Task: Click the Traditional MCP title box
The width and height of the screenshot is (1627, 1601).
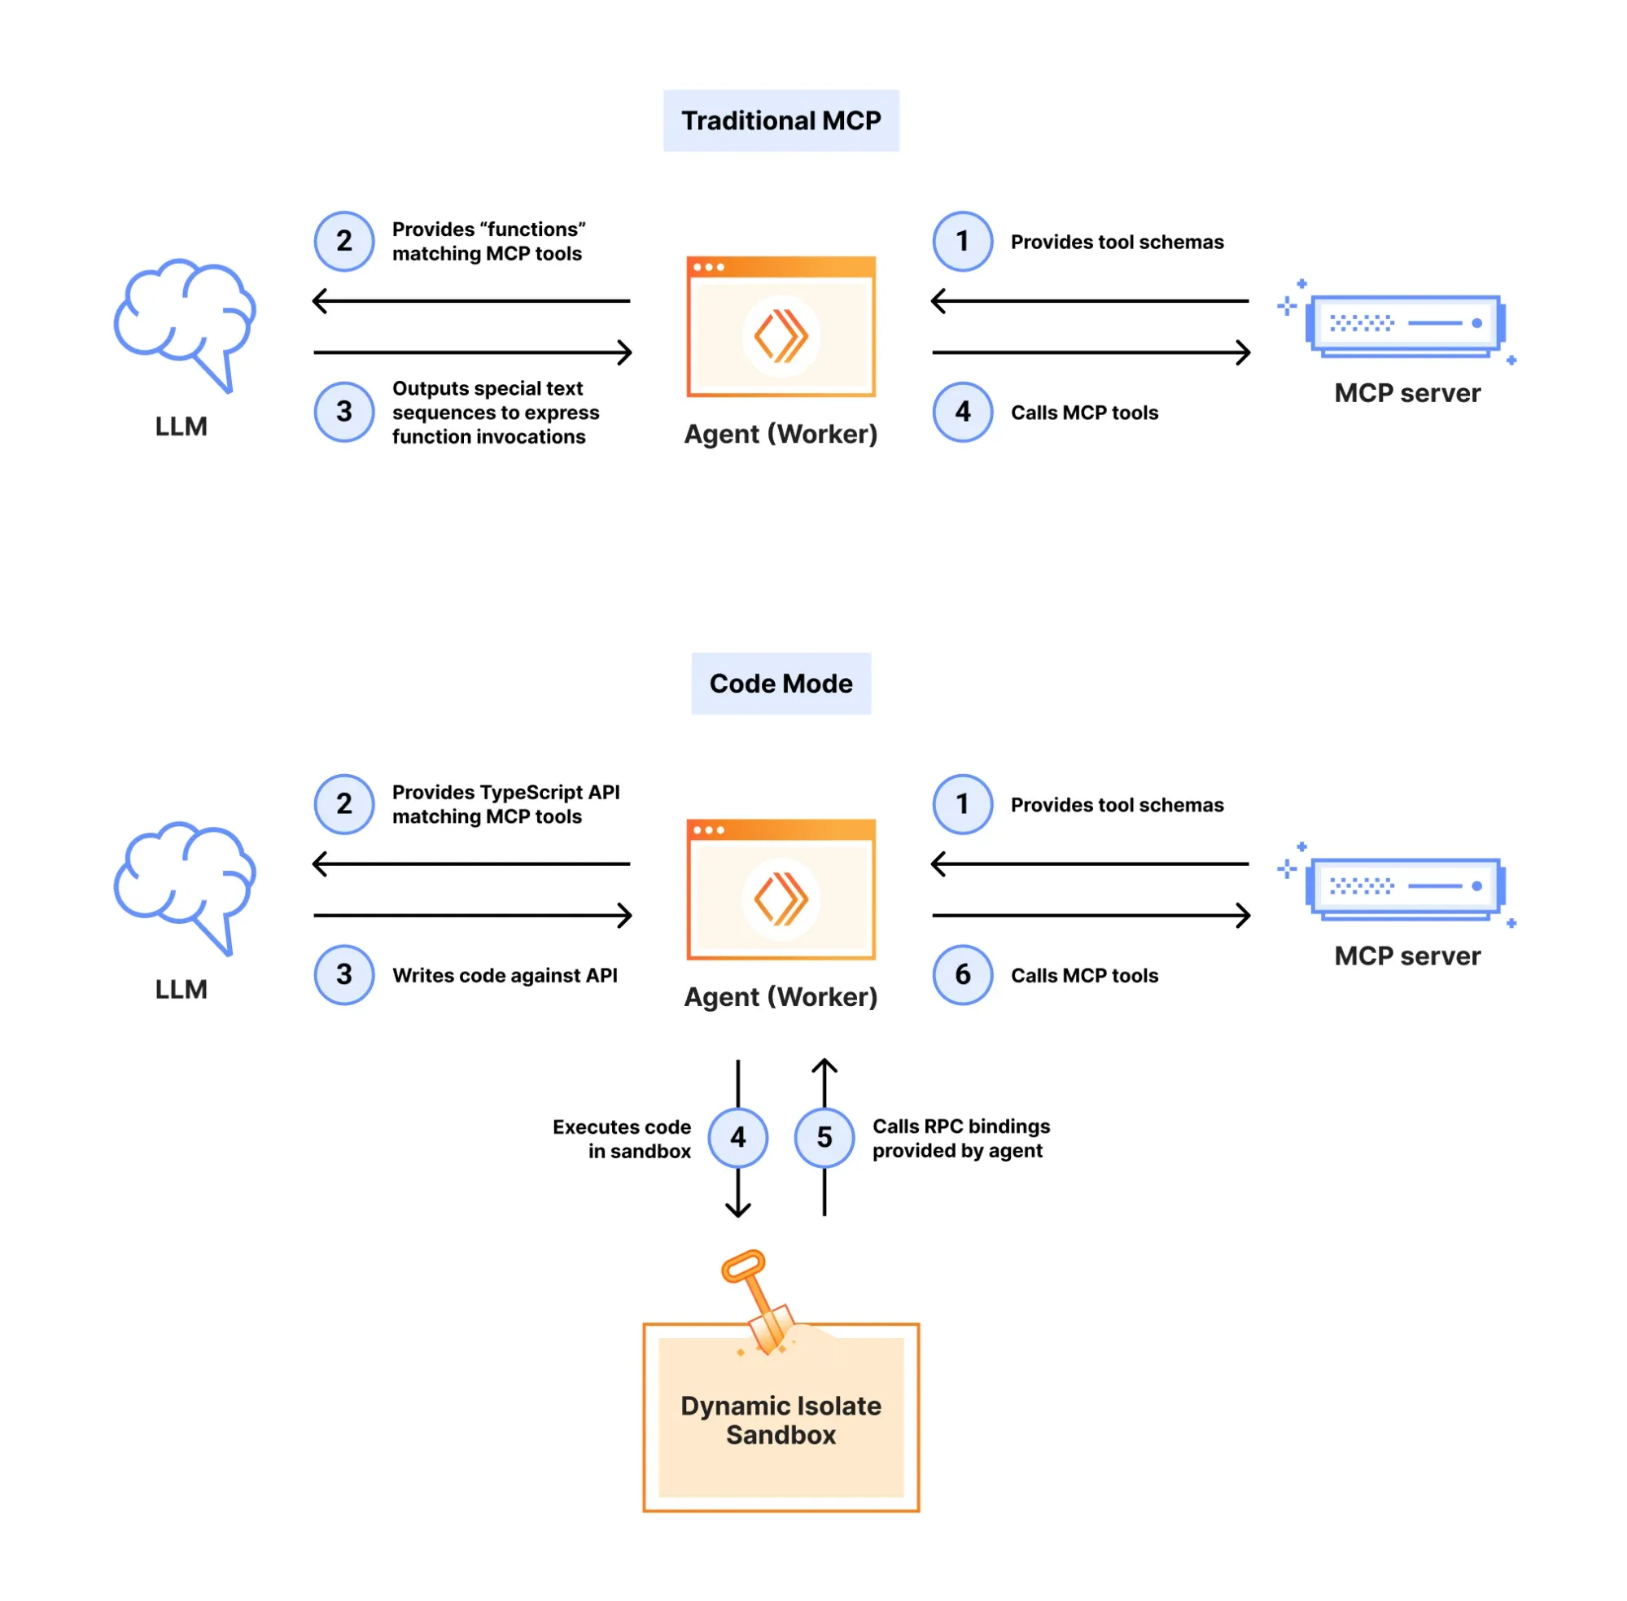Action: [x=781, y=120]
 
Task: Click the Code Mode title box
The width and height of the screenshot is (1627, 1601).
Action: [x=781, y=683]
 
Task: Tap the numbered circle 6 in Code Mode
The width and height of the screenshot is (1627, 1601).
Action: [x=962, y=973]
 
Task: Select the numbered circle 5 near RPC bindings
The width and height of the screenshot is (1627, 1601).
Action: [x=824, y=1137]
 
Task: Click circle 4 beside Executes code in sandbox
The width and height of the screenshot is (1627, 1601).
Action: [x=737, y=1137]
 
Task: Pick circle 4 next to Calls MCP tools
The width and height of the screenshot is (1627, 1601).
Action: [x=962, y=411]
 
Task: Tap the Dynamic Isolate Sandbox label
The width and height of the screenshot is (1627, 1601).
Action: [x=781, y=1419]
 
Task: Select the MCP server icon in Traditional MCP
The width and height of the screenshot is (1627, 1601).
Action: [x=1404, y=324]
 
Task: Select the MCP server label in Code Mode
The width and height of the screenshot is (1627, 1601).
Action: [x=1406, y=956]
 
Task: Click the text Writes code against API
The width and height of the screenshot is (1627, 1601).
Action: [x=505, y=974]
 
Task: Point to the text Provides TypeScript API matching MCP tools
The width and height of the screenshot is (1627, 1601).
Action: [x=505, y=804]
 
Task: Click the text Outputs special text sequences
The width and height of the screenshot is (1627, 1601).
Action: [x=494, y=412]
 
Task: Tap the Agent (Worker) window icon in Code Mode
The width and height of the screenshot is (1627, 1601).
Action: [x=781, y=889]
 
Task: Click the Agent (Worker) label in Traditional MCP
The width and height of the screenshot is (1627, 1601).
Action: [x=781, y=434]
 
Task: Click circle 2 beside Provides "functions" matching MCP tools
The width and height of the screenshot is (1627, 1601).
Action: [x=344, y=241]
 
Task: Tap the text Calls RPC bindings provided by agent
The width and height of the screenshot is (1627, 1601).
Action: [x=960, y=1138]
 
